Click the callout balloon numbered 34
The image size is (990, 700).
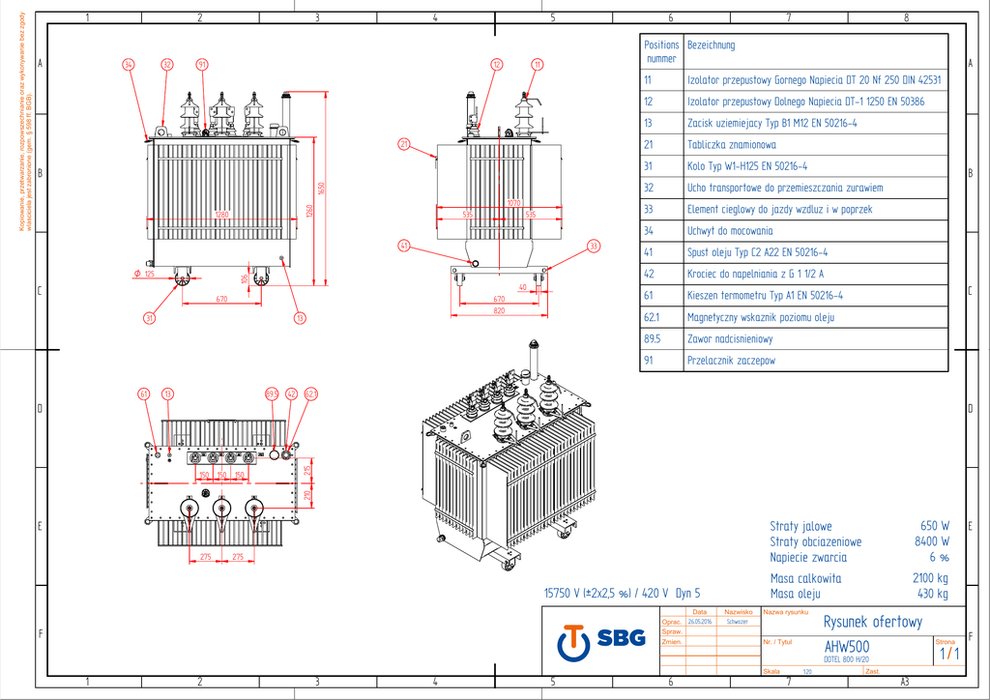click(129, 64)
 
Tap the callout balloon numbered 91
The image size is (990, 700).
click(202, 64)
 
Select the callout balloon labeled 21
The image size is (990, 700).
click(404, 144)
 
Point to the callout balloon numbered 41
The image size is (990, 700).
click(404, 246)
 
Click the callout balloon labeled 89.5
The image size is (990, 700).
click(272, 394)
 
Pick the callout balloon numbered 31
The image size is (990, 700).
click(150, 317)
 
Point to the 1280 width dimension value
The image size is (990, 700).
click(222, 214)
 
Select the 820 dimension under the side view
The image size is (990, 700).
click(499, 311)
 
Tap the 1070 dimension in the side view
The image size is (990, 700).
click(514, 203)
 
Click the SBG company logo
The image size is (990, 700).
click(592, 639)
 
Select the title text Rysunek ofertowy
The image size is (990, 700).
click(872, 622)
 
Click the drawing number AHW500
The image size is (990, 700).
click(846, 647)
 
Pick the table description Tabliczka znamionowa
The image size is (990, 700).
click(731, 144)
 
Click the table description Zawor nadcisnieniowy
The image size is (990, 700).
click(730, 338)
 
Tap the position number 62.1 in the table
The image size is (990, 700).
click(652, 317)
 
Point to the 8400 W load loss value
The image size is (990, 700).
click(931, 541)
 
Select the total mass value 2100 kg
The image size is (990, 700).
click(930, 578)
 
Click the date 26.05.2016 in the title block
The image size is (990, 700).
click(699, 622)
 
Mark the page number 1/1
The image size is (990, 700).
click(949, 654)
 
